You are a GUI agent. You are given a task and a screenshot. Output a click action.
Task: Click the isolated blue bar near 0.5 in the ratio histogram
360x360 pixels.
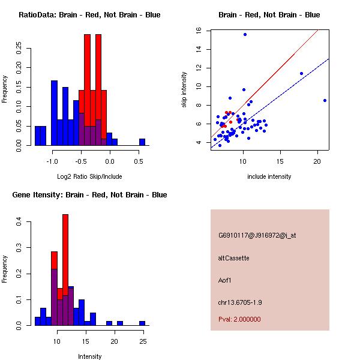(x=142, y=142)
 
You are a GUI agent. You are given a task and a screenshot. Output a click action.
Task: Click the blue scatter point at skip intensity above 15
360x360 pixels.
(x=245, y=34)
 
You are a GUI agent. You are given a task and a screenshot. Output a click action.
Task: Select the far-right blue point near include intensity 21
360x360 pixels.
(x=325, y=100)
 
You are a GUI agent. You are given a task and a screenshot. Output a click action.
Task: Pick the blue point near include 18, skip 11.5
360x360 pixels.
(x=301, y=73)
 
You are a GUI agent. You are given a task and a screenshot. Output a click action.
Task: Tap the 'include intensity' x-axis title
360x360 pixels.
(x=269, y=176)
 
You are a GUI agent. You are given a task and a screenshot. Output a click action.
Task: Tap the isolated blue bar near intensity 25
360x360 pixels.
(x=142, y=323)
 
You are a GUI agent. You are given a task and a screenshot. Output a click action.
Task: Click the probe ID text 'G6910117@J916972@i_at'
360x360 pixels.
(x=257, y=235)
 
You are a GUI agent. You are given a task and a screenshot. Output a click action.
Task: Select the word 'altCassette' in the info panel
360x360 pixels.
(x=233, y=258)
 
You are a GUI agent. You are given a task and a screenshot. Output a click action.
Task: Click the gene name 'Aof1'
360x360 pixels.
(x=225, y=280)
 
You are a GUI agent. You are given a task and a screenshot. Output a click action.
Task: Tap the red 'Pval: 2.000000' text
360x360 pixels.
(x=239, y=319)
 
